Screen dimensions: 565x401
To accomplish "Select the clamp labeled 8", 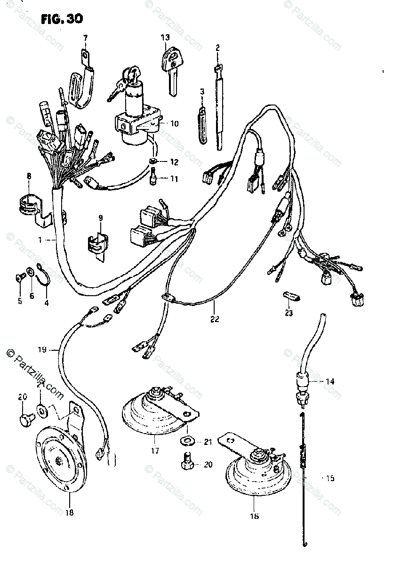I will (31, 205).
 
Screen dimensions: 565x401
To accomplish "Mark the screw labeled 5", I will (20, 277).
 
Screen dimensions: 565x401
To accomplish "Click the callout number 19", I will (42, 350).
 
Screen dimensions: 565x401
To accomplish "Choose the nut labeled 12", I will (153, 163).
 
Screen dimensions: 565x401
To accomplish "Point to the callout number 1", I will (41, 240).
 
